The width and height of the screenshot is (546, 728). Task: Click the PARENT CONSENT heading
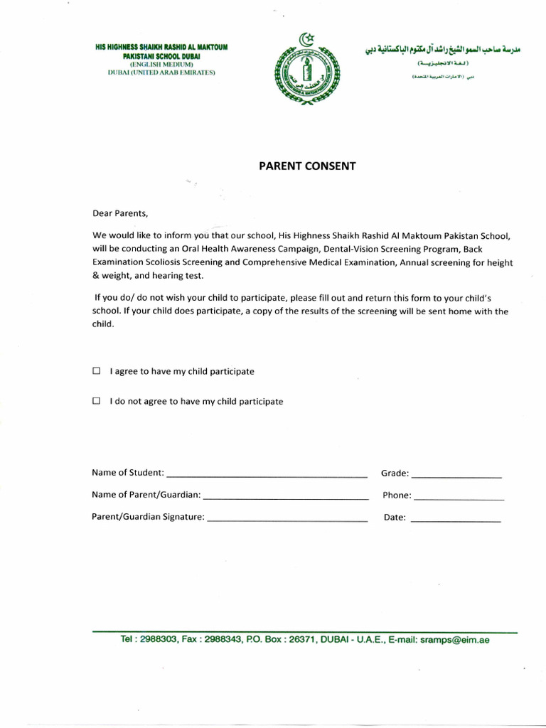click(306, 166)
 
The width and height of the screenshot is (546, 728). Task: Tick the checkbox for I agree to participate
click(96, 371)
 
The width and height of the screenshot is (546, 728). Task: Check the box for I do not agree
click(96, 401)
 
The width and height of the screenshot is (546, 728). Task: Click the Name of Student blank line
click(266, 475)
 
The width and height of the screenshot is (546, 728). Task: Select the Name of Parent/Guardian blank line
click(285, 496)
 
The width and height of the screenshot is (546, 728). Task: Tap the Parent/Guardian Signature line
click(287, 519)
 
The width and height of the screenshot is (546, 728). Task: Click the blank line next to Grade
click(456, 475)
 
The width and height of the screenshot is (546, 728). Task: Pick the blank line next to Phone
click(459, 497)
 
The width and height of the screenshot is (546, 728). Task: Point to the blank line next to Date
click(456, 520)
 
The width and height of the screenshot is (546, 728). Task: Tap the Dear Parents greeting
click(121, 213)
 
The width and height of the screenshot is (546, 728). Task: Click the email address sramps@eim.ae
click(455, 640)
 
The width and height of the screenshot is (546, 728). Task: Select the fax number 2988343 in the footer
click(222, 640)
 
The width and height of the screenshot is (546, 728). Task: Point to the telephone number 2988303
click(162, 640)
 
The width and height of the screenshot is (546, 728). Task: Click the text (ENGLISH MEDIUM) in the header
click(161, 64)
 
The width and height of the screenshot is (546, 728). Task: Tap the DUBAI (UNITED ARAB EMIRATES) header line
click(161, 73)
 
